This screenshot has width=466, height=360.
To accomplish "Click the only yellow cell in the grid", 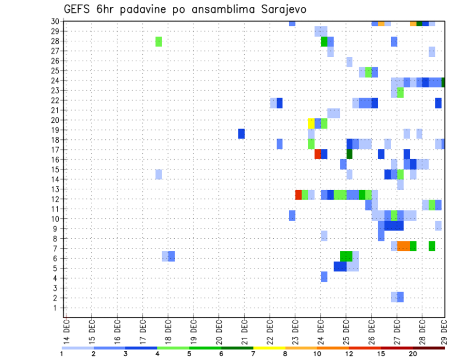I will point(311,123).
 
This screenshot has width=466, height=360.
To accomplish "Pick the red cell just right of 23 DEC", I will point(299,195).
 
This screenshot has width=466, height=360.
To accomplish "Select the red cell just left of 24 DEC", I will point(317,154).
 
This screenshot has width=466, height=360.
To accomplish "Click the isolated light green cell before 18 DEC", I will point(159,41).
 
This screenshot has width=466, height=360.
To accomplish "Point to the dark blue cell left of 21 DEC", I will point(241,133).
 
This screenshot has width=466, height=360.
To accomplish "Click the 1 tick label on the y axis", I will point(57,308).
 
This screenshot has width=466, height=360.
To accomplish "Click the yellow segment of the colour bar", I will point(269,348).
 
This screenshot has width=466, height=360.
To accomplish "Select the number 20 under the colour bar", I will point(413,354).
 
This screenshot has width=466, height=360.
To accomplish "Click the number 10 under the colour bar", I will point(317,354).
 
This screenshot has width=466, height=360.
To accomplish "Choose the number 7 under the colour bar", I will point(253,354).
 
